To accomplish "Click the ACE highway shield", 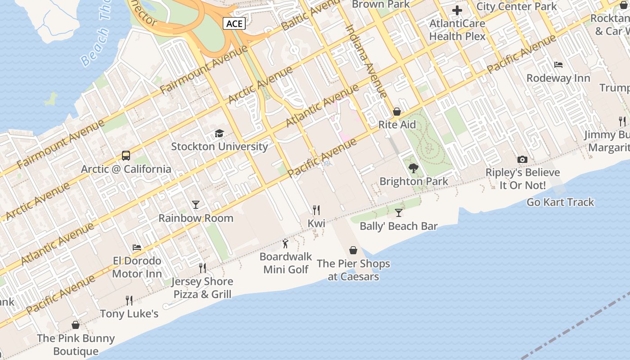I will tap(234, 23).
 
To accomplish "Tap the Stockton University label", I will tap(220, 146).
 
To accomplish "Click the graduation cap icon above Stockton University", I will tap(219, 133).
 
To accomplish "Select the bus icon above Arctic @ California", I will tap(126, 156).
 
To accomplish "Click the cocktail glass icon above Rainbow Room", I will tap(195, 205).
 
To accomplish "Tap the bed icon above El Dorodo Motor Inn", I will tap(137, 247).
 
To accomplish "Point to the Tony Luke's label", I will tap(129, 314).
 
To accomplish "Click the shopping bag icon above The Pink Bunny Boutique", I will tap(76, 325).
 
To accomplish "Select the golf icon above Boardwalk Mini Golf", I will tap(285, 243).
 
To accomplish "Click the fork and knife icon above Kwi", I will tap(316, 210).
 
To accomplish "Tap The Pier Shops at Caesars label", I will tap(353, 270).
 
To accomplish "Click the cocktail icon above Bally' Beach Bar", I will tap(399, 212).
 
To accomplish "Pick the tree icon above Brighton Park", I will tap(414, 168).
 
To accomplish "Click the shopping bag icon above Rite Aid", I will tap(397, 112).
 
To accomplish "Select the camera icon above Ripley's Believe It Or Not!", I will tap(522, 159).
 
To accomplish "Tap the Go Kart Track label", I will tap(560, 202).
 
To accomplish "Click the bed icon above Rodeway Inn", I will tap(558, 65).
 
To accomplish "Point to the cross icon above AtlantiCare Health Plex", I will tap(457, 10).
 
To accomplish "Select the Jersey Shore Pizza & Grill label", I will tap(203, 288).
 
